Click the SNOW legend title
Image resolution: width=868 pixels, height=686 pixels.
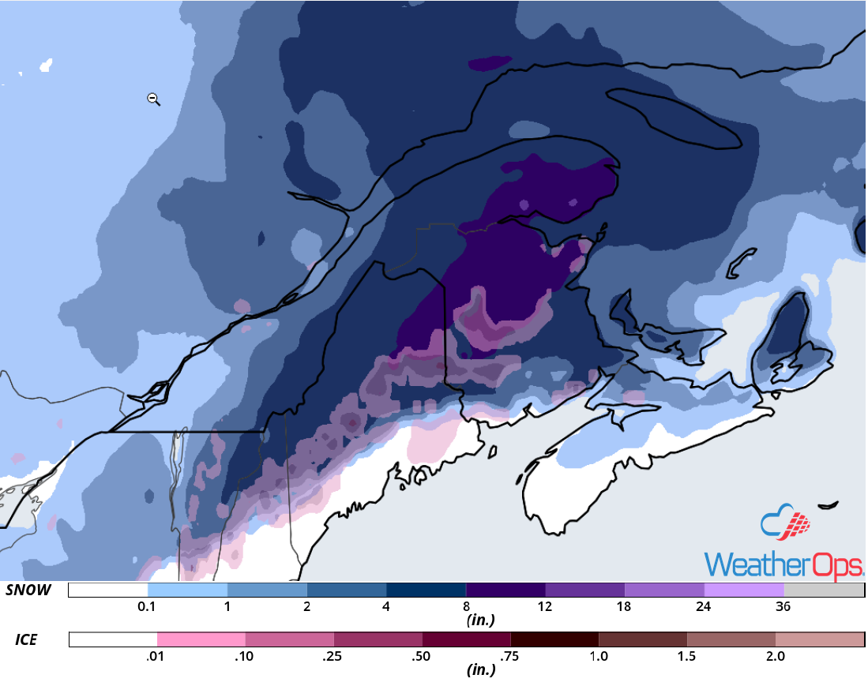pyautogui.click(x=28, y=590)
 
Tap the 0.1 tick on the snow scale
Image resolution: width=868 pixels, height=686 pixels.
pyautogui.click(x=147, y=607)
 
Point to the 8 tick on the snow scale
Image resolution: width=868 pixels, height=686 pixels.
pyautogui.click(x=466, y=607)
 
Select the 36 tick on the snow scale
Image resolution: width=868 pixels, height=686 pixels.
pyautogui.click(x=783, y=607)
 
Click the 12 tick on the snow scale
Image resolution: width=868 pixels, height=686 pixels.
pyautogui.click(x=545, y=607)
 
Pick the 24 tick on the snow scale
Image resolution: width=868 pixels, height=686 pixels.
pyautogui.click(x=704, y=607)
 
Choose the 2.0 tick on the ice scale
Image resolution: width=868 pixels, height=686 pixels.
pyautogui.click(x=775, y=656)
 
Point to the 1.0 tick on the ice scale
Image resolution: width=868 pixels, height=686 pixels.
pyautogui.click(x=599, y=656)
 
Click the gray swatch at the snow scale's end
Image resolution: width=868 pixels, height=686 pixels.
pyautogui.click(x=824, y=590)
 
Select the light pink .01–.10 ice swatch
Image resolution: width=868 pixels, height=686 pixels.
pyautogui.click(x=201, y=639)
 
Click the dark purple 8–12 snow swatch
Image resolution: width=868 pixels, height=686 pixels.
pyautogui.click(x=505, y=590)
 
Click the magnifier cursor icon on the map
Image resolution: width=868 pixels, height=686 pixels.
pyautogui.click(x=154, y=99)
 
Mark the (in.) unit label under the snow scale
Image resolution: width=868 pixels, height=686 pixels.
pyautogui.click(x=481, y=620)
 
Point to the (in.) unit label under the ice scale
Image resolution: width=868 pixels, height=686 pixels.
pyautogui.click(x=481, y=670)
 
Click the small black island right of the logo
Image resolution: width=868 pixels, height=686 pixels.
pyautogui.click(x=828, y=504)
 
